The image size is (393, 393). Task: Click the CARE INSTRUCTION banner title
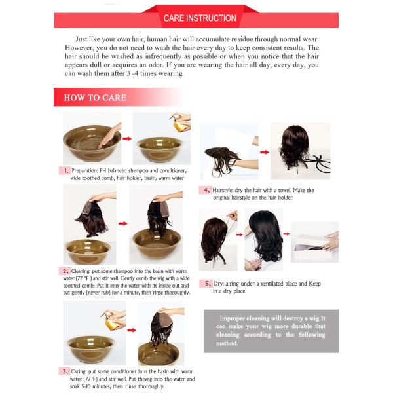pyautogui.click(x=200, y=18)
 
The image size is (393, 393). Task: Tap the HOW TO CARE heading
pyautogui.click(x=95, y=98)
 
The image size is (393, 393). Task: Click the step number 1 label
pyautogui.click(x=65, y=171)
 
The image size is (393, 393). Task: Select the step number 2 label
pyautogui.click(x=65, y=271)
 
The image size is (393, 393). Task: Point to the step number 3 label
pyautogui.click(x=65, y=371)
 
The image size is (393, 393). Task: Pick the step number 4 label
pyautogui.click(x=206, y=190)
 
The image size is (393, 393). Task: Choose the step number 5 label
pyautogui.click(x=206, y=284)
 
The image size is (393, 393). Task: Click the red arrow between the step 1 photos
pyautogui.click(x=127, y=139)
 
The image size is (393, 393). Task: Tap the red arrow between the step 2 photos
pyautogui.click(x=123, y=223)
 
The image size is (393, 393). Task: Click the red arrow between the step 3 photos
pyautogui.click(x=132, y=330)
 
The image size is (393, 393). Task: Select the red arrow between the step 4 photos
pyautogui.click(x=265, y=152)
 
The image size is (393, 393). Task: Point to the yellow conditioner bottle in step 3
pyautogui.click(x=111, y=322)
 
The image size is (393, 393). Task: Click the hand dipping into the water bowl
pyautogui.click(x=110, y=137)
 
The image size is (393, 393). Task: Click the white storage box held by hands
pyautogui.click(x=312, y=242)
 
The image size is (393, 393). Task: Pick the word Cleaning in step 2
pyautogui.click(x=81, y=271)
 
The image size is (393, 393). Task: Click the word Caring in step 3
pyautogui.click(x=79, y=371)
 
